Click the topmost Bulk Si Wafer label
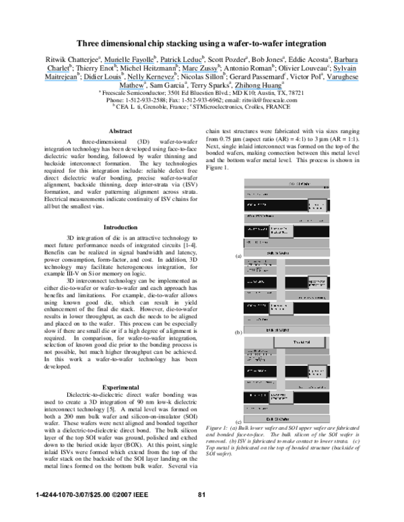(300, 184)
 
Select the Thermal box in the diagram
(300, 342)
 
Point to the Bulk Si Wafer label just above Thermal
(277, 330)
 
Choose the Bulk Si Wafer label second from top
(277, 253)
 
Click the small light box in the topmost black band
(317, 206)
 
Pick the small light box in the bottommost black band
(281, 398)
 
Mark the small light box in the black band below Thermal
(317, 371)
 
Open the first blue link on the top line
(129, 63)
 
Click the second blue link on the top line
(181, 63)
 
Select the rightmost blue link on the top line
(346, 63)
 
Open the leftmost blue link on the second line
(58, 71)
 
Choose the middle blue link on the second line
(200, 71)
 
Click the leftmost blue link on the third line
(61, 80)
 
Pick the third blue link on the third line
(151, 80)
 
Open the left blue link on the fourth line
(131, 89)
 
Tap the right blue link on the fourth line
(258, 89)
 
